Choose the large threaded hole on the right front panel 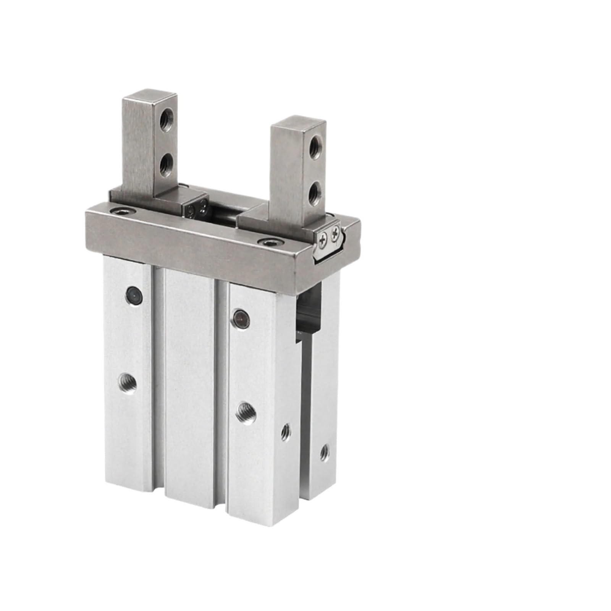pyautogui.click(x=243, y=412)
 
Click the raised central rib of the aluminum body pyautogui.click(x=190, y=382)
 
